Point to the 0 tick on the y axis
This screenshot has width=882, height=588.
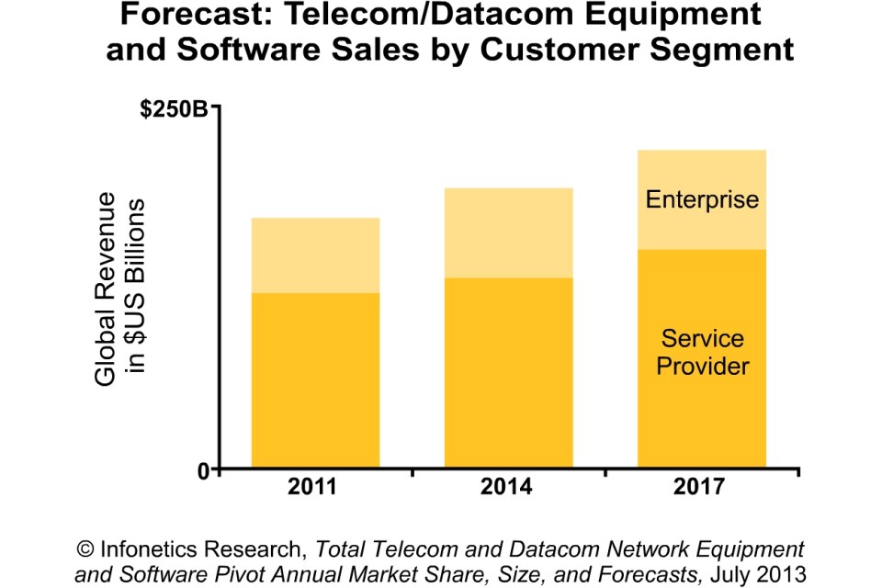[x=204, y=469]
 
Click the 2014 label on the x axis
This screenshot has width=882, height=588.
[x=507, y=487]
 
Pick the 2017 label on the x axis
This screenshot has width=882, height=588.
[x=700, y=487]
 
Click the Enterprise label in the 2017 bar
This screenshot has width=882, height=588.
[x=702, y=199]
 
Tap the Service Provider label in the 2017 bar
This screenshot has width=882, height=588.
[x=702, y=353]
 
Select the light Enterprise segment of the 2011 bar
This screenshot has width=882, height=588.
[x=315, y=255]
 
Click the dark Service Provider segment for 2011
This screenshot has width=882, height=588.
[x=315, y=380]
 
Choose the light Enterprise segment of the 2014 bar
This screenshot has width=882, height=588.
[x=508, y=232]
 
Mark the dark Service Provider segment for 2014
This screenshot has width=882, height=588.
[x=508, y=372]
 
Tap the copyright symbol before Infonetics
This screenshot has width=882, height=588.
[x=86, y=548]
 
